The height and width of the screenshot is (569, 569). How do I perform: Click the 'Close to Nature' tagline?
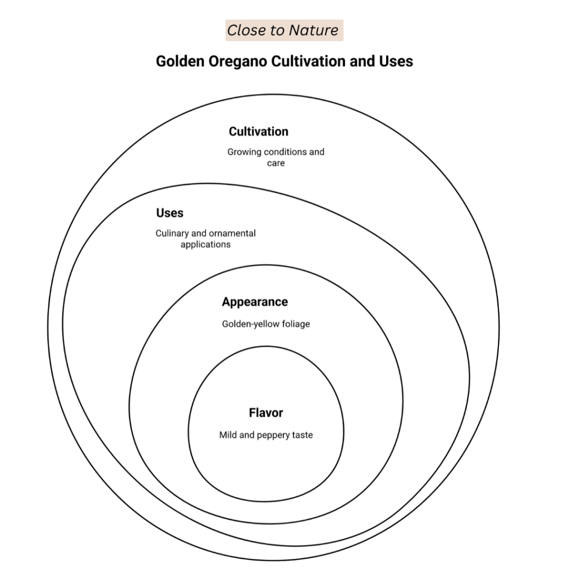click(283, 30)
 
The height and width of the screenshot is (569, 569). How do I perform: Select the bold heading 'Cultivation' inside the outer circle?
click(258, 132)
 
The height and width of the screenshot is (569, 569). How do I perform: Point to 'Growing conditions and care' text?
click(276, 157)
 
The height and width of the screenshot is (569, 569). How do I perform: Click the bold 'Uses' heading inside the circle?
click(169, 213)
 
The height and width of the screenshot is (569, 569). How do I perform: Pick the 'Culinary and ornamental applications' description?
click(206, 238)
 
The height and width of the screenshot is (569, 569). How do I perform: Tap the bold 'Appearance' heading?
click(254, 302)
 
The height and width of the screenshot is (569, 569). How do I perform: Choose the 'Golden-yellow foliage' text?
click(266, 324)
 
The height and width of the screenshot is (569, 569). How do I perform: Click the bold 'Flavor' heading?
click(266, 413)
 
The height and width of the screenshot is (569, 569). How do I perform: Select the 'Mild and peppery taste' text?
click(266, 435)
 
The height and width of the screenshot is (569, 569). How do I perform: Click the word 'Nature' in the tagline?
click(315, 30)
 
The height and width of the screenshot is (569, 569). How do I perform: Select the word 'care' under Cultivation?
click(276, 163)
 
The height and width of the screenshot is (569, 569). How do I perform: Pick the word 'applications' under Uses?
click(206, 244)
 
